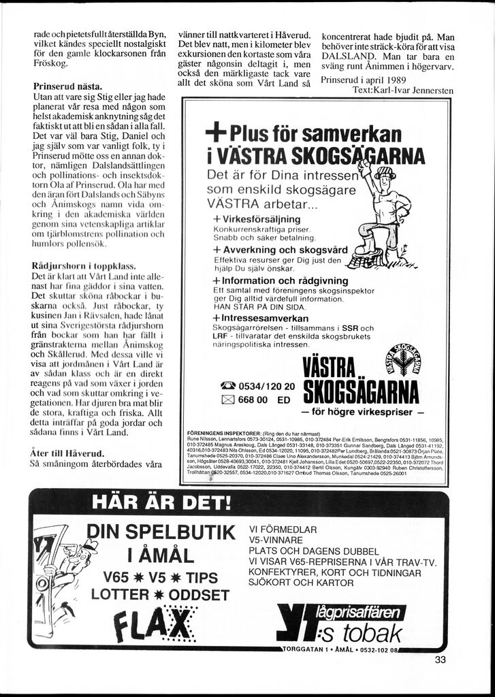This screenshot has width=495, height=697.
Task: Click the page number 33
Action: pos(439,659)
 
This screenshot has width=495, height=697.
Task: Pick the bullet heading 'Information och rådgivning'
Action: pos(281,280)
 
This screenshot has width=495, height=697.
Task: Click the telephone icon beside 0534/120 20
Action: pos(226,386)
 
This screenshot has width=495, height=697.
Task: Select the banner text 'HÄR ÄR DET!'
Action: pos(161,504)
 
